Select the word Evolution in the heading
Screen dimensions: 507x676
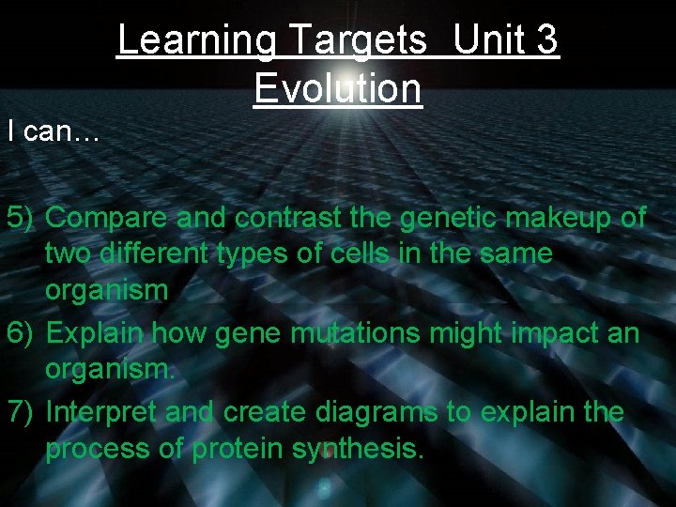[x=337, y=88]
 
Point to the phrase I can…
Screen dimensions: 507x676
[x=53, y=131]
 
